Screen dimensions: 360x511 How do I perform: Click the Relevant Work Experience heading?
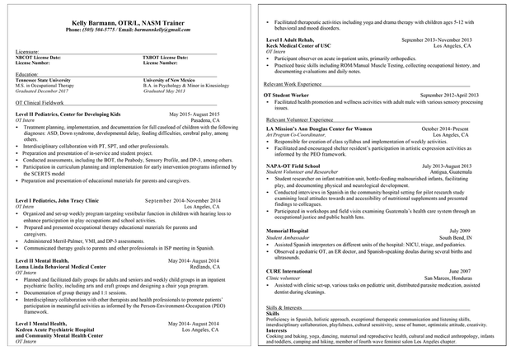(x=293, y=84)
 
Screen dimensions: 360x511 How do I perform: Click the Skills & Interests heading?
(x=284, y=306)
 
